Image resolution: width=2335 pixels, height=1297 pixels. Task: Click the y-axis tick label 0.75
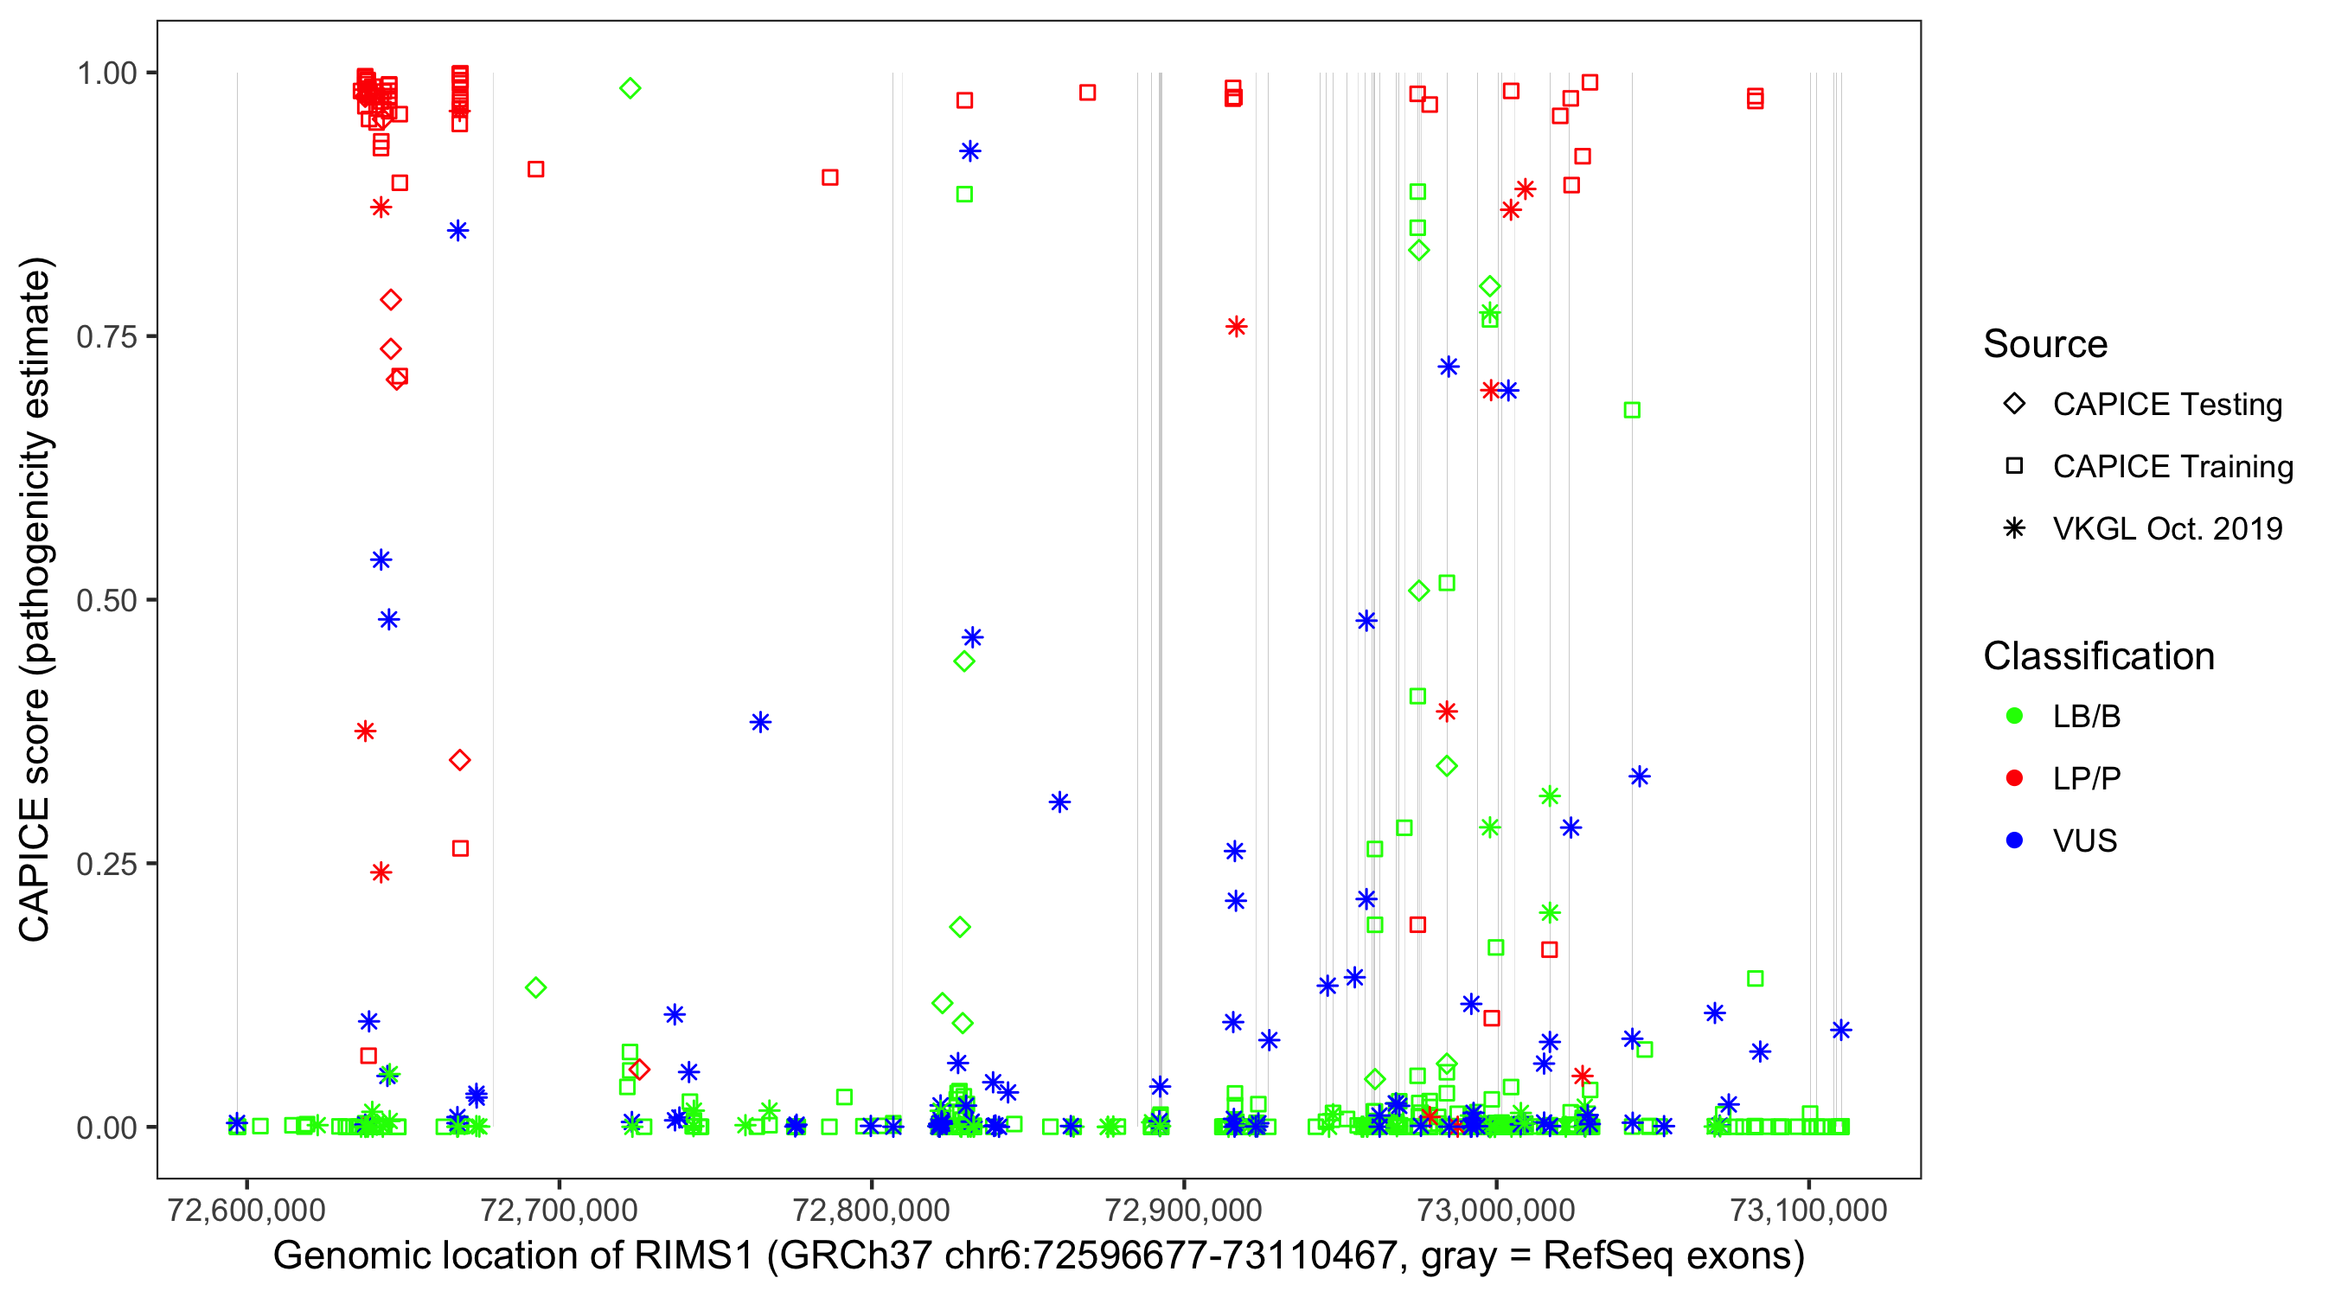[106, 337]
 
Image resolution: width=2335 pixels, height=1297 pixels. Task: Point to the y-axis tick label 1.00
[106, 73]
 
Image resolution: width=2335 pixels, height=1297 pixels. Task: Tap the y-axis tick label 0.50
[106, 600]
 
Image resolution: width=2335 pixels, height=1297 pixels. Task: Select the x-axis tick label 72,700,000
[559, 1210]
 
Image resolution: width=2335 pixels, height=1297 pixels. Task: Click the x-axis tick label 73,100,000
[1808, 1210]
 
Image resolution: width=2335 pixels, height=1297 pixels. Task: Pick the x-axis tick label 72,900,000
[1184, 1210]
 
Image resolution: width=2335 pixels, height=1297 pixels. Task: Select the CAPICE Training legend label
[2172, 467]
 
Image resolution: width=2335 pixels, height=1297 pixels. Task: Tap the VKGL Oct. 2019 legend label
[2167, 528]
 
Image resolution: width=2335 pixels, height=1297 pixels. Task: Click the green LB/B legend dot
[2014, 716]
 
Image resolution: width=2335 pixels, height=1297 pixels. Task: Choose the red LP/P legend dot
[2014, 778]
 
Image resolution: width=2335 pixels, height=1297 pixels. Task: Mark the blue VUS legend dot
[2014, 840]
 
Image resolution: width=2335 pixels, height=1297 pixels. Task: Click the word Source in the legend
[2045, 344]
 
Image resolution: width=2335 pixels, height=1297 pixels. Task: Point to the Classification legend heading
[2098, 656]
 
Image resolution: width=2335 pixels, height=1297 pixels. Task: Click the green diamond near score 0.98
[630, 88]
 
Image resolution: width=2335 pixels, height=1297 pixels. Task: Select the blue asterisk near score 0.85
[457, 230]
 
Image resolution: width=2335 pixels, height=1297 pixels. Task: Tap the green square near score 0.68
[1632, 411]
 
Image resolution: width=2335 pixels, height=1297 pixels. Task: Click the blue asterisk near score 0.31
[1059, 802]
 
